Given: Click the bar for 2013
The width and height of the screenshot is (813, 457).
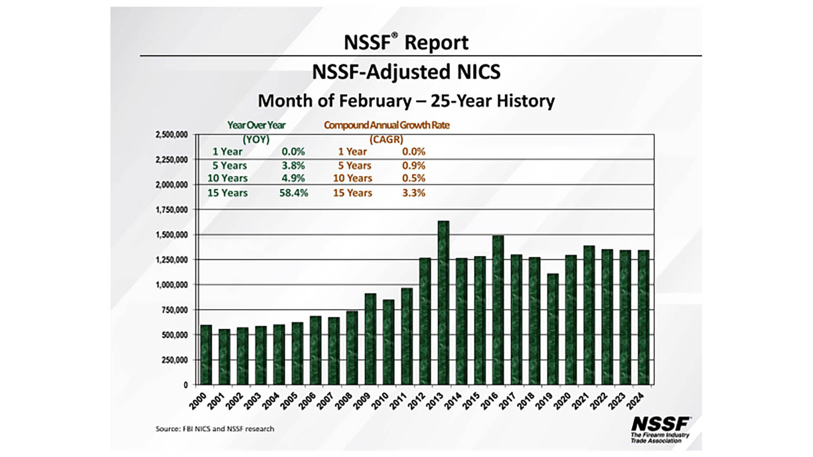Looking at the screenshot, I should coord(443,303).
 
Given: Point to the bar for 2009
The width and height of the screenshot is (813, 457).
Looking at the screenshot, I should coord(371,339).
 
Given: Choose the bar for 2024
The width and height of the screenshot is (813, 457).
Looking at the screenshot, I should coord(644,317).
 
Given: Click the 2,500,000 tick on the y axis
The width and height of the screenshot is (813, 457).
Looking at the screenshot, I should coord(171,135).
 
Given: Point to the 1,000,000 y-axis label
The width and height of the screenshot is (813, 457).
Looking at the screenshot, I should coord(171,285).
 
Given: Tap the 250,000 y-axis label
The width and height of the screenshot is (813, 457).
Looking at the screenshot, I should coord(174,360).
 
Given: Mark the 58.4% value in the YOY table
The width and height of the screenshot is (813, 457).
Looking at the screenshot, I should coord(293,193).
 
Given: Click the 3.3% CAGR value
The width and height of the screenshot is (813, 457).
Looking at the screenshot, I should coord(414,193).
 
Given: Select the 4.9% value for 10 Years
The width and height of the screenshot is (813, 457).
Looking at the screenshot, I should coord(293,178).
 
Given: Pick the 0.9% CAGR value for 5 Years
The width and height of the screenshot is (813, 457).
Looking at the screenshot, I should coord(414,165).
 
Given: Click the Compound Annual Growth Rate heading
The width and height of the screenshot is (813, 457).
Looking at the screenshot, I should coord(387,125).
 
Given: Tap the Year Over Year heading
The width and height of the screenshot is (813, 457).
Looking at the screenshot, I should coord(256,125).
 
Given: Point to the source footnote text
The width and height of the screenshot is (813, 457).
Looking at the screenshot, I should coord(215,429).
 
